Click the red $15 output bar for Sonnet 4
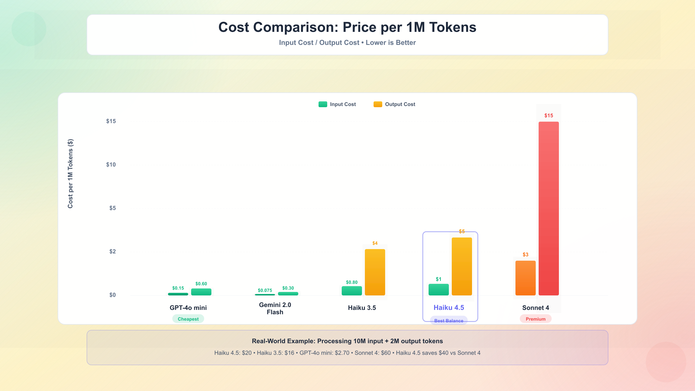[548, 209]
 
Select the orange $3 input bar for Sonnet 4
[525, 278]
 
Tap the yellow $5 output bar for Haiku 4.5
[462, 266]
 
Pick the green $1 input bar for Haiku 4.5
[438, 290]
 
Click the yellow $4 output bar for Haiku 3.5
[375, 272]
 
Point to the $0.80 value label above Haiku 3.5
[352, 282]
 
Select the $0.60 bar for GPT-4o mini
[201, 292]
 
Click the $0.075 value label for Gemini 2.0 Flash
[265, 290]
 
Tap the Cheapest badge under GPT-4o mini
[188, 319]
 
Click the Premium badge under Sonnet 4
[535, 319]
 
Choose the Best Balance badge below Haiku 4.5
[449, 321]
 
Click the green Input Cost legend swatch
[323, 104]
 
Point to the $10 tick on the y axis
[111, 165]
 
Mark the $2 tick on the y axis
[112, 251]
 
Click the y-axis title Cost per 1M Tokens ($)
[70, 174]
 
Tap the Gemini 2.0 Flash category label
[275, 308]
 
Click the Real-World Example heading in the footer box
[347, 341]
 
